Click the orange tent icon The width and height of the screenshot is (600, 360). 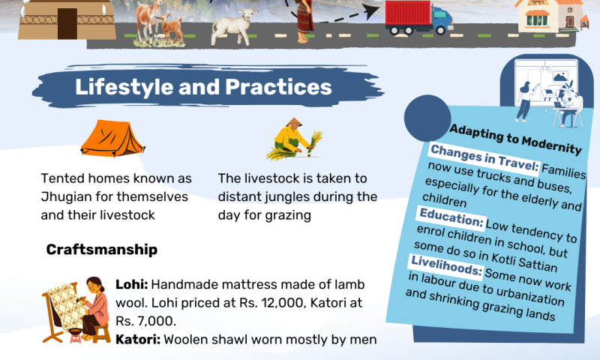click(112, 139)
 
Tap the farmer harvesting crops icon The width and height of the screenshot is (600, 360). click(294, 139)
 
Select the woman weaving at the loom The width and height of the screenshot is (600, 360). click(76, 309)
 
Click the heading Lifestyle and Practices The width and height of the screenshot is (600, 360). click(203, 87)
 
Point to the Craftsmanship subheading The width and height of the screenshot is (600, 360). click(102, 250)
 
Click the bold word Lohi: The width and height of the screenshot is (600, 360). click(132, 285)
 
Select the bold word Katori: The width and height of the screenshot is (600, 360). click(138, 339)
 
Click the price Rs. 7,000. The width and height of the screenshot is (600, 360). click(145, 321)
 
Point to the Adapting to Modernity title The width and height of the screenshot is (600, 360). click(515, 139)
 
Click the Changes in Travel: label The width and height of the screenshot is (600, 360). click(484, 158)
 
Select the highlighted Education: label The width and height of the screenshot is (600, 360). click(451, 218)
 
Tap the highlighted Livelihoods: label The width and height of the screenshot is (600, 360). click(446, 265)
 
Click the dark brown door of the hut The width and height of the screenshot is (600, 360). click(67, 24)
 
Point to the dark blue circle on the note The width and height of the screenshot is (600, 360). click(427, 118)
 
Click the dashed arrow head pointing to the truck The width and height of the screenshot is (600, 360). click(371, 11)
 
